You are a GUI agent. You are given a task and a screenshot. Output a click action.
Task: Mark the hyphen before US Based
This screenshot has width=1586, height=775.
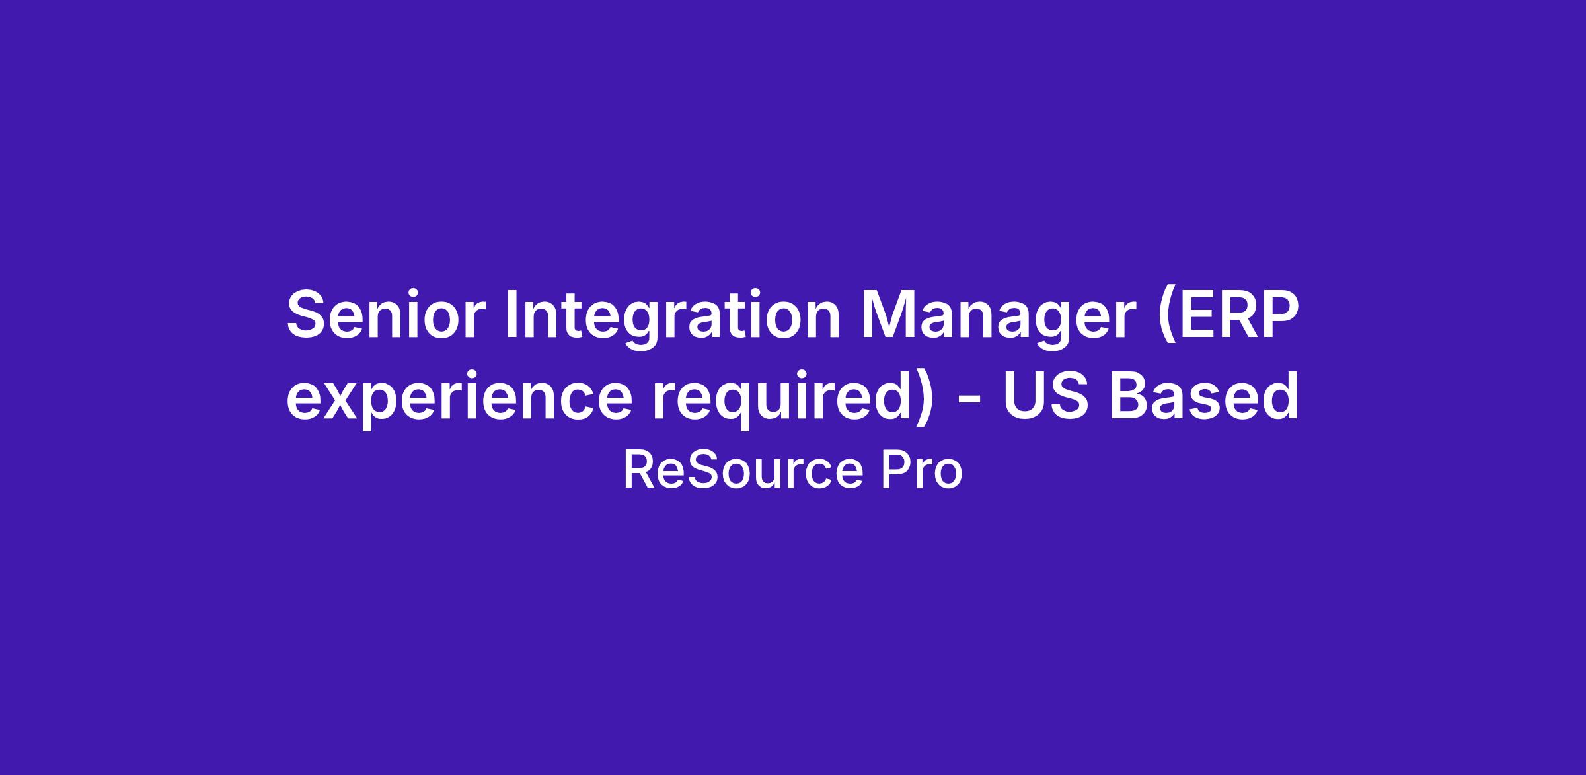coord(969,402)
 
